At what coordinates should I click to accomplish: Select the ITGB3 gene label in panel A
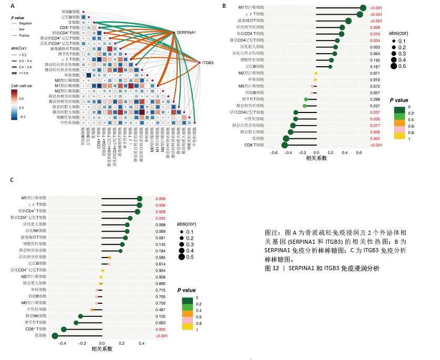[x=208, y=63]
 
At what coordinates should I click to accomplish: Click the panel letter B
[x=224, y=6]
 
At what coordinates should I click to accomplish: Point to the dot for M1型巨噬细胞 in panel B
[x=363, y=8]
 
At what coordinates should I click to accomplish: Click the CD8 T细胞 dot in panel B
[x=285, y=145]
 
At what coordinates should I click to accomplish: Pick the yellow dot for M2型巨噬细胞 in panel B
[x=316, y=73]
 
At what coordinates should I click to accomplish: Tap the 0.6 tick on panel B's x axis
[x=359, y=153]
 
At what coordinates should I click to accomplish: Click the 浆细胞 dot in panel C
[x=55, y=335]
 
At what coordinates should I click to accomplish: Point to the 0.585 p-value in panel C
[x=161, y=257]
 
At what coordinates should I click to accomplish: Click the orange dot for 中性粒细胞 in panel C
[x=93, y=310]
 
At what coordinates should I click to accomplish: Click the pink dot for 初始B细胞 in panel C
[x=96, y=296]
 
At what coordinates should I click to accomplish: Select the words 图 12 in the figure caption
[x=272, y=268]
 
